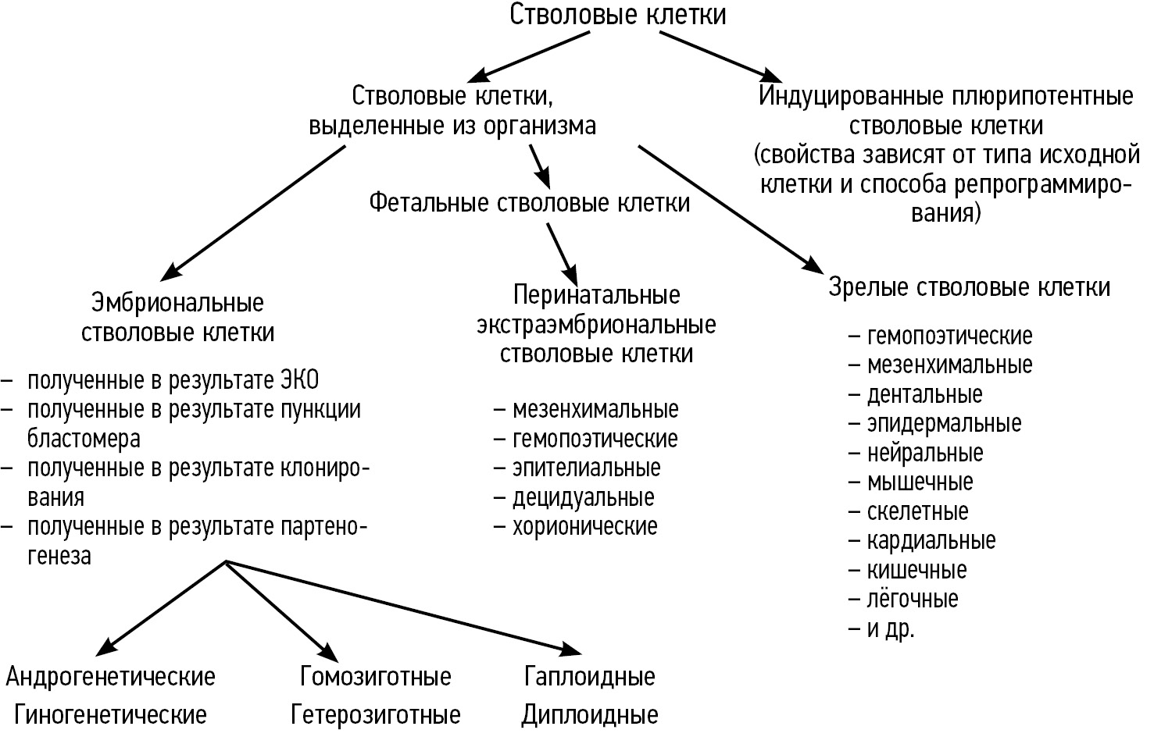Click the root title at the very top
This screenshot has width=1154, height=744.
click(617, 15)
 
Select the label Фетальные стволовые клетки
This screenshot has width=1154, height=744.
click(529, 203)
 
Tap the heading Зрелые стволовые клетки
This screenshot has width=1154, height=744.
click(969, 287)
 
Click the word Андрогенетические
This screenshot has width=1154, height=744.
click(110, 676)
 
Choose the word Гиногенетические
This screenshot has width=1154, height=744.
click(110, 714)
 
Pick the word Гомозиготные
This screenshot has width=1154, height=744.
click(375, 676)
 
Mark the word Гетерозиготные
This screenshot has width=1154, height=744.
click(375, 714)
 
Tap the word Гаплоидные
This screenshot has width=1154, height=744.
click(590, 676)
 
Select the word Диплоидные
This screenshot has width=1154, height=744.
click(590, 714)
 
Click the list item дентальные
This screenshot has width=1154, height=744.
click(924, 394)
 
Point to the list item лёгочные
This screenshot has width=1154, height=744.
click(912, 600)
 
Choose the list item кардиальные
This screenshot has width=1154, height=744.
click(931, 540)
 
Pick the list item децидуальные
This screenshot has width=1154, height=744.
click(583, 497)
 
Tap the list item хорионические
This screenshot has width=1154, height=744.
click(584, 526)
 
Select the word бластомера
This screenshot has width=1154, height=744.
click(84, 438)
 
